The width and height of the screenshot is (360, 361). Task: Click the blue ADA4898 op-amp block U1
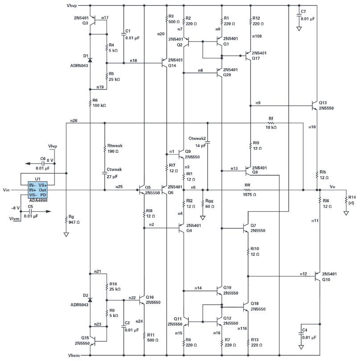pos(37,190)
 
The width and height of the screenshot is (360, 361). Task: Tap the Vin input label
pos(6,190)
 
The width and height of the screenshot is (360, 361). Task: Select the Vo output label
pos(332,186)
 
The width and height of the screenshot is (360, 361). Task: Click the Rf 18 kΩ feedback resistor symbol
pos(271,123)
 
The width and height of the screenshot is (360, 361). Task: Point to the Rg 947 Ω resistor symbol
pos(66,219)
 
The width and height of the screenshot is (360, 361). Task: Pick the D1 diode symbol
pos(90,60)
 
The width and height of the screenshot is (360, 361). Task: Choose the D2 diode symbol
pos(90,300)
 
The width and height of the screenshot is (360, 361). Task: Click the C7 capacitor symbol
pos(299,15)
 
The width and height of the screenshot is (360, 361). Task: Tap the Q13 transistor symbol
pos(315,106)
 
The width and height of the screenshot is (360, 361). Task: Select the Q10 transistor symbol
pos(317,276)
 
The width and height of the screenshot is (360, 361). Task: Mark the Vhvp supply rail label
pos(72,5)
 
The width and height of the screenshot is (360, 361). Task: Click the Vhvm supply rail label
pos(74,355)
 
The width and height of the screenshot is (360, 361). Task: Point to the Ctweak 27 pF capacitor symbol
pos(105,172)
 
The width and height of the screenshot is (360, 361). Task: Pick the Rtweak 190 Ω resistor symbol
pos(105,148)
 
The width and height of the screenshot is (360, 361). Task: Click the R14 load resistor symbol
pos(346,200)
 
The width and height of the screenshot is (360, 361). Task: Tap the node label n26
pos(74,120)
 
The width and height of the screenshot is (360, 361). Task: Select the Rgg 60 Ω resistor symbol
pos(203,204)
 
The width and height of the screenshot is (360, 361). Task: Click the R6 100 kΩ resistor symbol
pos(90,103)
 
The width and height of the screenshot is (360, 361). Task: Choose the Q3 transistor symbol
pos(93,20)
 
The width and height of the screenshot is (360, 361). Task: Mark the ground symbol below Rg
pos(66,234)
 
